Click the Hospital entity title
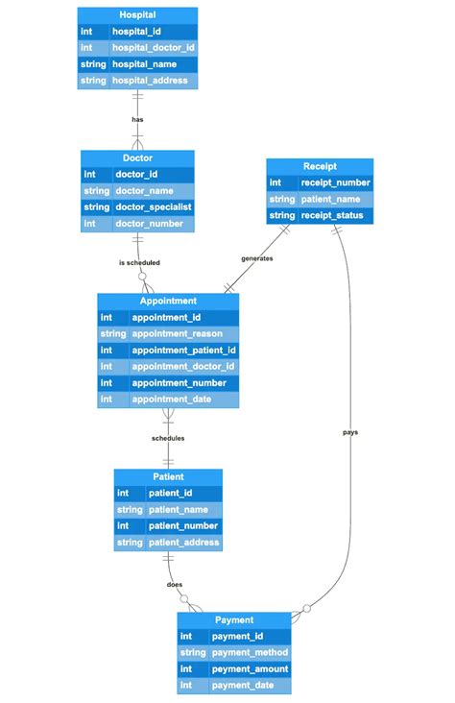(137, 15)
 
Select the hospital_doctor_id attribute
(152, 47)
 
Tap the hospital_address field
(150, 81)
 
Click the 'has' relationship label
(137, 119)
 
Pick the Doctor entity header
(137, 158)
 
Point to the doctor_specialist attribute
(153, 206)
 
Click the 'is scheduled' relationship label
(139, 262)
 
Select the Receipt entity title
(319, 166)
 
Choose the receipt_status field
(332, 216)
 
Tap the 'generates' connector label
(256, 258)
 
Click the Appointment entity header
(168, 301)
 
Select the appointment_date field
(171, 399)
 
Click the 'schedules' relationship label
(168, 438)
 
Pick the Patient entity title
(168, 476)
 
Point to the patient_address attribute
(182, 543)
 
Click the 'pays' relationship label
(350, 432)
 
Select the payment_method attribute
(251, 652)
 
